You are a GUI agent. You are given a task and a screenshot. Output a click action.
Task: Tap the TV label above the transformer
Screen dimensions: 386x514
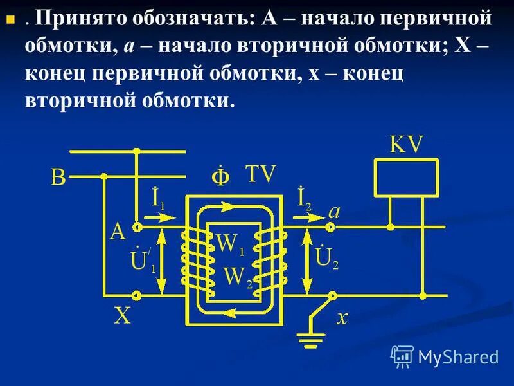(260, 174)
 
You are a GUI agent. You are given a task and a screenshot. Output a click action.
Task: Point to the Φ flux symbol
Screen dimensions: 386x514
(220, 176)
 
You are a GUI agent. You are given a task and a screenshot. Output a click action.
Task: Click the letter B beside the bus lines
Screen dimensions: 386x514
(58, 178)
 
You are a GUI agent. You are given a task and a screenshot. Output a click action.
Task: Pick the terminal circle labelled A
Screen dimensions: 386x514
(136, 227)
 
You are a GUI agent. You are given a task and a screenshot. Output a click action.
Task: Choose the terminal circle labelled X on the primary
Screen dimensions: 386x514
(136, 295)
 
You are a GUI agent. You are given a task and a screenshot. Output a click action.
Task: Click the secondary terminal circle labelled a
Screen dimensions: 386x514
(331, 227)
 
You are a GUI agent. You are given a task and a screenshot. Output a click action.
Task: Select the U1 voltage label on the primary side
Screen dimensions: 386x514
(143, 259)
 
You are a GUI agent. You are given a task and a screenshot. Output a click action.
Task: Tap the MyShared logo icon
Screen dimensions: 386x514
(402, 356)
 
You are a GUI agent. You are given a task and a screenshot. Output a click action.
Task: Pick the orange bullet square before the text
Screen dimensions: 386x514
(10, 20)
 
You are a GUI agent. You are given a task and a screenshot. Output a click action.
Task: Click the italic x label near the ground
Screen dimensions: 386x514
(342, 317)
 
